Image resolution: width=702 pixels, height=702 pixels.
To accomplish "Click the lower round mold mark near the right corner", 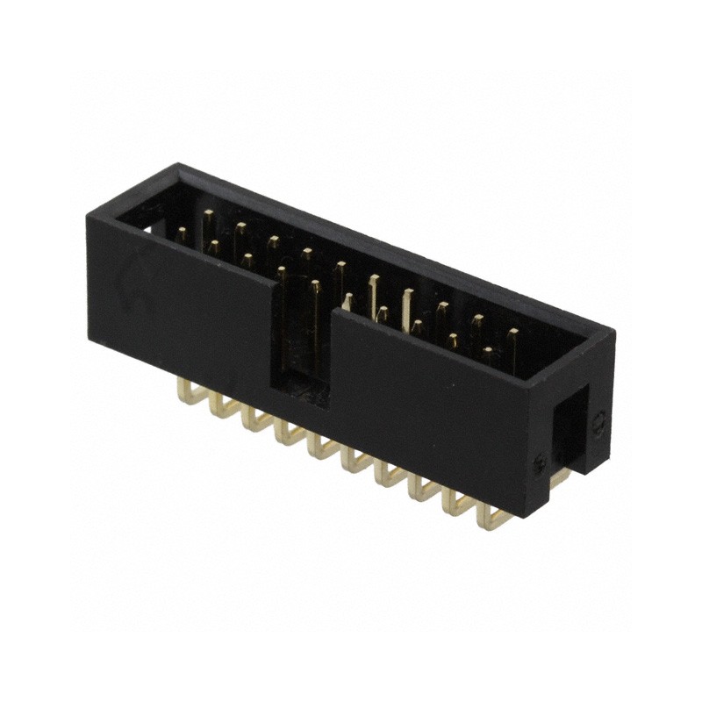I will pos(541,462).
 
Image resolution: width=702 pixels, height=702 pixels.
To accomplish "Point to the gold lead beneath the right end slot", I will pos(558,478).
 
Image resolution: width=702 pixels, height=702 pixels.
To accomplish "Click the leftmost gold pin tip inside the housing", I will pos(181,233).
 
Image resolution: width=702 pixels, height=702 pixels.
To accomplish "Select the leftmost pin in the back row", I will pos(208,216).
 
